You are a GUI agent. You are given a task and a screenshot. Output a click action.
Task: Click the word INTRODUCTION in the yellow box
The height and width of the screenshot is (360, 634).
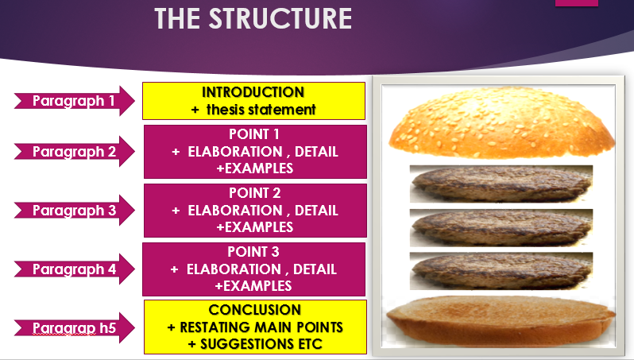click(x=253, y=92)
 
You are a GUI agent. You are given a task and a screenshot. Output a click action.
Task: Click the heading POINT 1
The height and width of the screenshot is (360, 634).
click(x=254, y=134)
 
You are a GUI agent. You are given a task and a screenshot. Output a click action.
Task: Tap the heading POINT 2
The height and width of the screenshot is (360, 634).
click(x=254, y=193)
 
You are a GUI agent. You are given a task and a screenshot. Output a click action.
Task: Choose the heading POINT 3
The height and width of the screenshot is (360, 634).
click(x=254, y=252)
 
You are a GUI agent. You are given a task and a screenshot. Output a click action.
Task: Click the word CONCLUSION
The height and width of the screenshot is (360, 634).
click(x=254, y=309)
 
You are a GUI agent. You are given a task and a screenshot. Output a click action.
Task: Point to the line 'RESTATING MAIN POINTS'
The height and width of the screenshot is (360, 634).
click(x=261, y=327)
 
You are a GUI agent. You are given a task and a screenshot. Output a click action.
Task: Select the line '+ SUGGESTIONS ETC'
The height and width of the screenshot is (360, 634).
click(x=254, y=343)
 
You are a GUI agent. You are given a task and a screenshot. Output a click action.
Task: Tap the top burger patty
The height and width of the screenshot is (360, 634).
click(x=501, y=184)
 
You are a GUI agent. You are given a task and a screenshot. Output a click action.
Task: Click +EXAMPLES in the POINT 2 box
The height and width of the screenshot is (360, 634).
click(x=254, y=227)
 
